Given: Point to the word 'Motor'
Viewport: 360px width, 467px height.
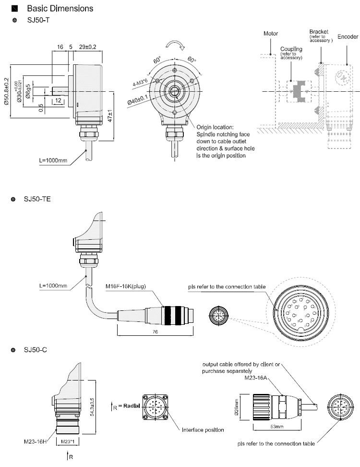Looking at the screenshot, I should (x=271, y=34).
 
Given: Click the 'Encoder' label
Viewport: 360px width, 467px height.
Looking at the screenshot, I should (x=347, y=37).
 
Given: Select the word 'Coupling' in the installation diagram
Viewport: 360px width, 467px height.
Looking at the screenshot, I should (x=291, y=49).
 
